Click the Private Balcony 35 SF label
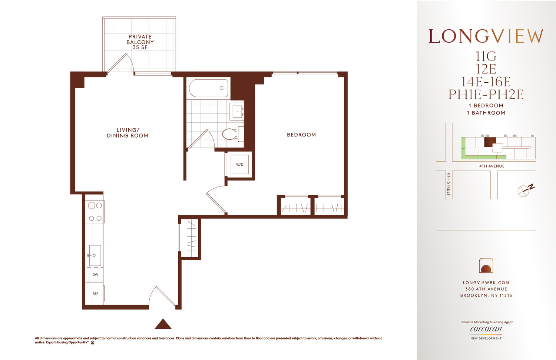coord(140,42)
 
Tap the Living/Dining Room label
coord(128,133)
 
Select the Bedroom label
coord(301,135)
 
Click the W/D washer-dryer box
coord(240,165)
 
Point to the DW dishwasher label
coord(95,275)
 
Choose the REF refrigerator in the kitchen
coord(95,294)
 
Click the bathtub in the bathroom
coord(208,88)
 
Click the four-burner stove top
coord(95,212)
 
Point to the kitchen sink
coord(95,255)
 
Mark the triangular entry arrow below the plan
coord(163,324)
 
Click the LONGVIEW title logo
coord(486,36)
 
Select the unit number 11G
coord(486,56)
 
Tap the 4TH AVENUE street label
coord(492,166)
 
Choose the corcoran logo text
coord(486,329)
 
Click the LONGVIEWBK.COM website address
coord(486,283)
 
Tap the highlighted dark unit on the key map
coord(490,142)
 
